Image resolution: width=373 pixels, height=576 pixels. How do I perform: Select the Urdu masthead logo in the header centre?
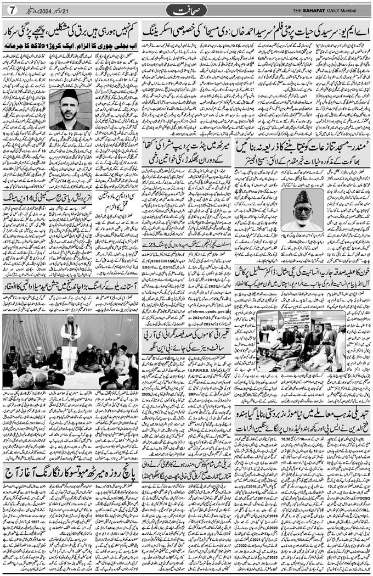coord(186,10)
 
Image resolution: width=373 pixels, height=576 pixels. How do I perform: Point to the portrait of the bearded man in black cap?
coord(70,109)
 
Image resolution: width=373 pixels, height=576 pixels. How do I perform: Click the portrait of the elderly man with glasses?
coord(302,210)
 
